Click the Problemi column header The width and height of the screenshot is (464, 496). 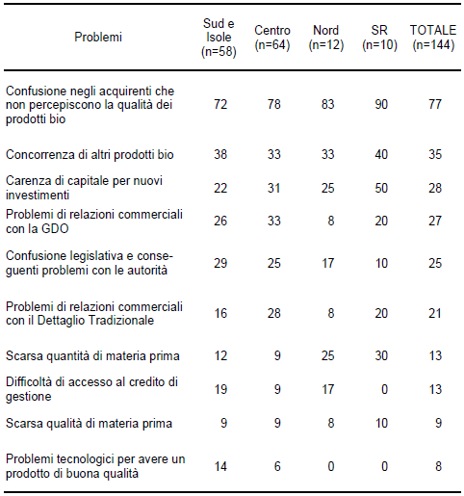[98, 38]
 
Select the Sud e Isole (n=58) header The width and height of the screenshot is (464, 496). [219, 38]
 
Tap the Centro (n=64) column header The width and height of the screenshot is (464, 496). [272, 38]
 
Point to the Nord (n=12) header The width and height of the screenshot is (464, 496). [326, 38]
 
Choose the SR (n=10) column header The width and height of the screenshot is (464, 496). [379, 38]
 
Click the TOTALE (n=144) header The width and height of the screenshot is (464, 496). [433, 38]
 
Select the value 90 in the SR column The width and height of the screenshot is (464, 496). [381, 104]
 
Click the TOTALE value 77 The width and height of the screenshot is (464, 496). [435, 104]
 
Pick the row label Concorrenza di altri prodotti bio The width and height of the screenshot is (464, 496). [90, 155]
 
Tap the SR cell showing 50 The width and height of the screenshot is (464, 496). [381, 188]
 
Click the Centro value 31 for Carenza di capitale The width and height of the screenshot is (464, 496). [274, 188]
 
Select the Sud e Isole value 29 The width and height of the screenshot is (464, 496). [220, 263]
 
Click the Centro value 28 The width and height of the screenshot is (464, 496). [274, 313]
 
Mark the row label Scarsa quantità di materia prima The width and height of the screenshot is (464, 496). [92, 356]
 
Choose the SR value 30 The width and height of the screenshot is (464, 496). [381, 355]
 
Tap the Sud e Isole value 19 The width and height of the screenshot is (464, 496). [220, 389]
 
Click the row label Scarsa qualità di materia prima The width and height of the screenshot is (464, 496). [89, 424]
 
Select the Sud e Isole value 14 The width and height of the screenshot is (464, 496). [220, 466]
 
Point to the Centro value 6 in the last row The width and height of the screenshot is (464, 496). [277, 466]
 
